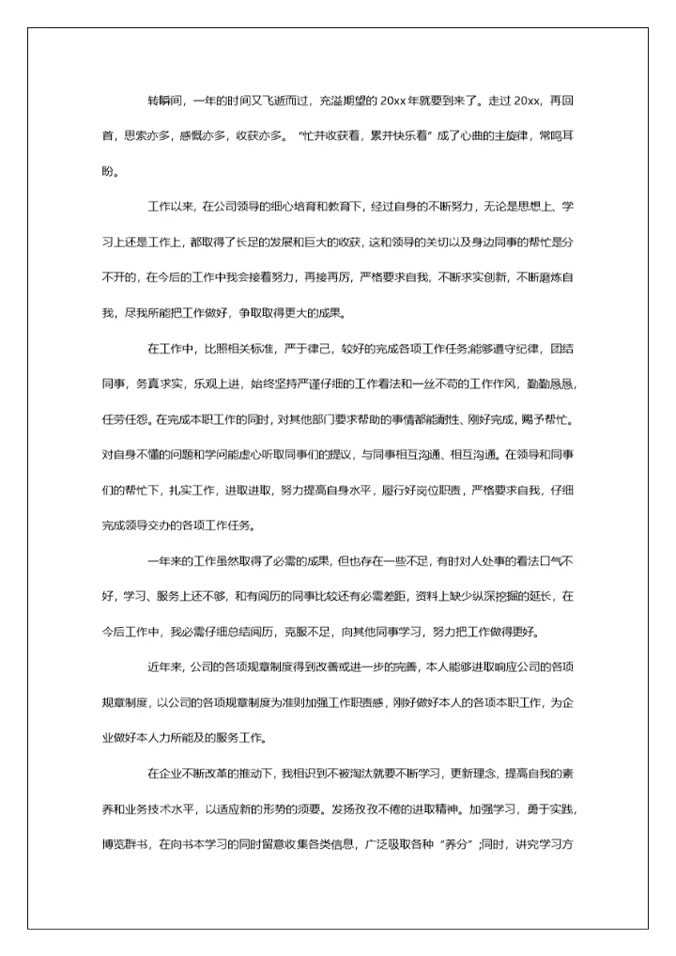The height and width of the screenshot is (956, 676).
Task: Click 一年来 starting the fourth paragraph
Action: pos(164,561)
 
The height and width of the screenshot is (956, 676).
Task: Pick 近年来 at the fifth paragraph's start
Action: pos(164,667)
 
